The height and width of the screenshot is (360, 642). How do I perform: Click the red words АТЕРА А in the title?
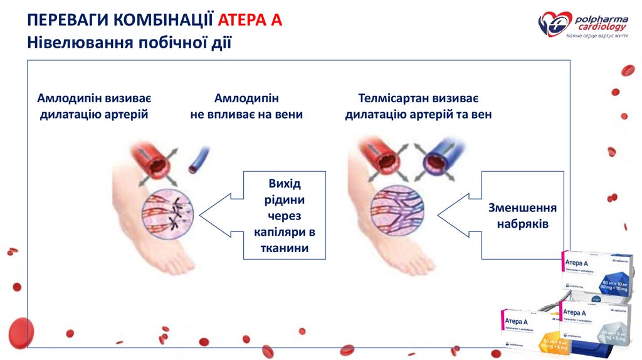[x=250, y=20]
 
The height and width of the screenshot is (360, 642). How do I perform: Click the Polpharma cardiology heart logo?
[x=555, y=24]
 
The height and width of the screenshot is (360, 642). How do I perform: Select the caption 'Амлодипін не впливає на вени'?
[x=246, y=107]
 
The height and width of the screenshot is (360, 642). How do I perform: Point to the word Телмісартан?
[x=391, y=99]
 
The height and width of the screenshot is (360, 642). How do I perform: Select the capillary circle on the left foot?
[x=168, y=213]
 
